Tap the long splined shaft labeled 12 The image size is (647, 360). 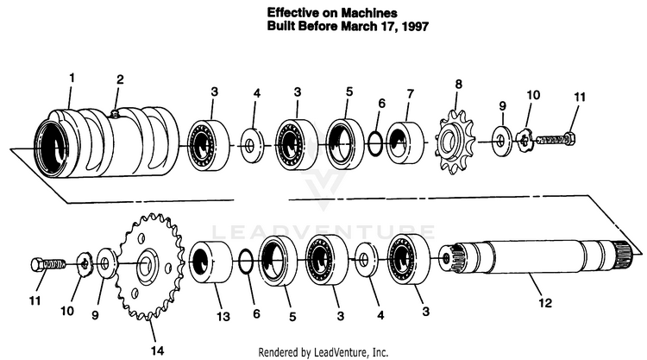pos(537,256)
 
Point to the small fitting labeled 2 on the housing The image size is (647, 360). pos(115,112)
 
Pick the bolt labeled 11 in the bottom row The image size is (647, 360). pos(48,264)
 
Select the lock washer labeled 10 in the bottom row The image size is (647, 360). pos(85,264)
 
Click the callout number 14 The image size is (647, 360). pos(157,351)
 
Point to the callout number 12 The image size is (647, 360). pos(545,303)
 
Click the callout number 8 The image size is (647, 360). pos(458,85)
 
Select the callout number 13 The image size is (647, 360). pos(223,317)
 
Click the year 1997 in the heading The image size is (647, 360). pos(415,27)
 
